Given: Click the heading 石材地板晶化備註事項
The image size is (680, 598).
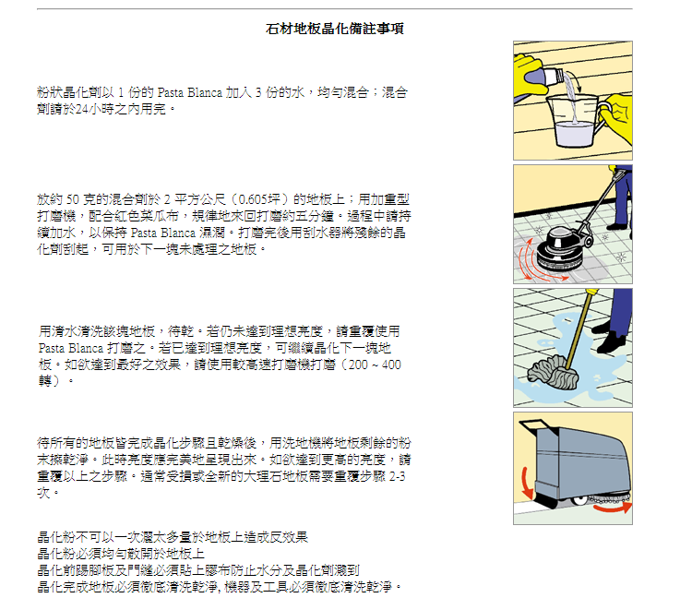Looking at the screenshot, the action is (334, 29).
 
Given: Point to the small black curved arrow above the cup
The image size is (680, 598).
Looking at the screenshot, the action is (574, 81).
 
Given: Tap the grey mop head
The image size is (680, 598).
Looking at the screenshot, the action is (553, 373).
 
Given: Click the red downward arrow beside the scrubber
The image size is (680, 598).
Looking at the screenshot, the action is (527, 483).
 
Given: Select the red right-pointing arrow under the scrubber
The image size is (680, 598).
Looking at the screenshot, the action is (613, 508).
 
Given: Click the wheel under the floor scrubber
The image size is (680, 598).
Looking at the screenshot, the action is (579, 501).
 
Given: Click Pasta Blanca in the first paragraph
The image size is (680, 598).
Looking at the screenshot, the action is (189, 93).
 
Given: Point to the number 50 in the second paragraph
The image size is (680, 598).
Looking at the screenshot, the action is (72, 200).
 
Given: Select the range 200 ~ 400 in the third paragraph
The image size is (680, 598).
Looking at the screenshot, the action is (375, 365).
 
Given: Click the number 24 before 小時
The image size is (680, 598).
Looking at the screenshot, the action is (82, 109).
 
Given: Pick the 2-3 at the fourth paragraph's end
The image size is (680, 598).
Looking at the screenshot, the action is (398, 476).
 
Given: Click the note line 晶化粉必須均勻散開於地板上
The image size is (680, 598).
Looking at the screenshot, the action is (121, 554).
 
